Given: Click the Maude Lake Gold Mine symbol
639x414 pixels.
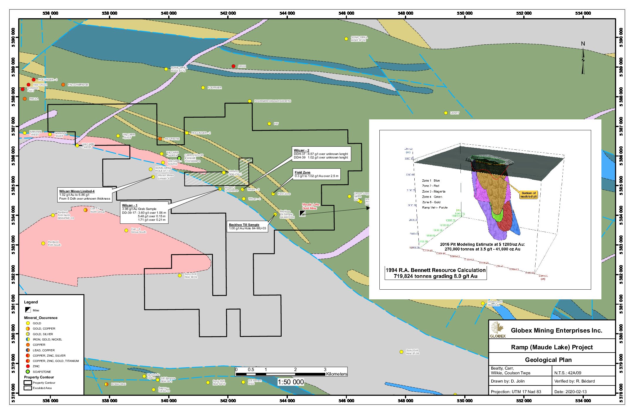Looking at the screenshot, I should (302, 213).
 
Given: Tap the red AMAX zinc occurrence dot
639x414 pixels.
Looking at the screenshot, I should (233, 66).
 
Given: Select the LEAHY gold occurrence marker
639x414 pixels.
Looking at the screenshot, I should (446, 113).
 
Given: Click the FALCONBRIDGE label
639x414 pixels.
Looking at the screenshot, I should (78, 85).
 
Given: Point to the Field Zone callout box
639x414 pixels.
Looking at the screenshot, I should (317, 174).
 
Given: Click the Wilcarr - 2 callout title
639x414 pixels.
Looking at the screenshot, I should (302, 150).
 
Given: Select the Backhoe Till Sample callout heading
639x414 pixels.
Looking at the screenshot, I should (244, 225).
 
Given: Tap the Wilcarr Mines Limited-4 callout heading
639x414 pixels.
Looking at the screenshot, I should (77, 191).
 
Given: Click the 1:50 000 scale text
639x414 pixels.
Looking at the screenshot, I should (291, 382).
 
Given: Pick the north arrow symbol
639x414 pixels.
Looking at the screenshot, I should (583, 61).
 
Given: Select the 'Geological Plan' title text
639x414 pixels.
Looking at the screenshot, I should (548, 360).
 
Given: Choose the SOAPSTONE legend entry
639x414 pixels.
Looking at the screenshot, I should (42, 372).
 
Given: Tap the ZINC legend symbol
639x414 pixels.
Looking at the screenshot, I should (28, 366).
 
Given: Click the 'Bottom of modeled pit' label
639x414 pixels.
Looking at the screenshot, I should (529, 195).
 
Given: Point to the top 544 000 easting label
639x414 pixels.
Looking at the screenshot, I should (287, 13).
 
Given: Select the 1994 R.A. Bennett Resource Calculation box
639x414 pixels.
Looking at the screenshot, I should (435, 273).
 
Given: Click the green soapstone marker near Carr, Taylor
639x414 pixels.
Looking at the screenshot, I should (179, 158).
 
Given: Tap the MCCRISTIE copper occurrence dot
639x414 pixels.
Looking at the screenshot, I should (160, 139).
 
